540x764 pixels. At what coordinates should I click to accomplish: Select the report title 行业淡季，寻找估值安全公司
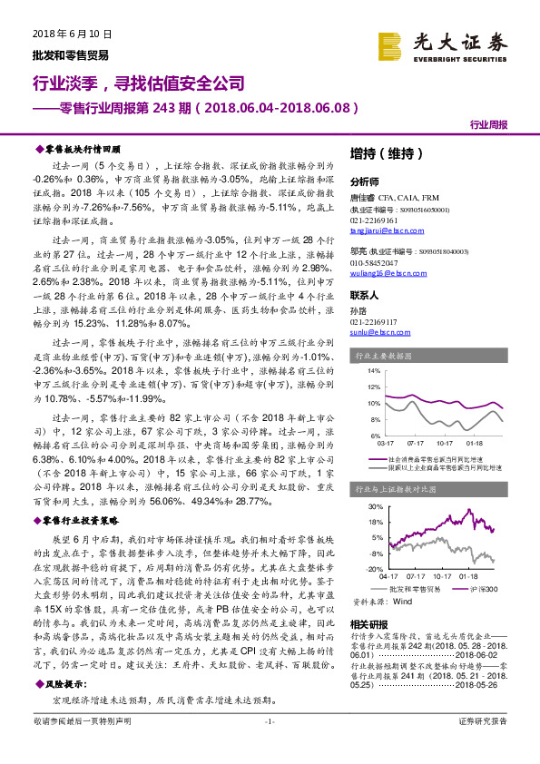pos(139,84)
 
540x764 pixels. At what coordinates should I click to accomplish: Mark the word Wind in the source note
pos(403,601)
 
